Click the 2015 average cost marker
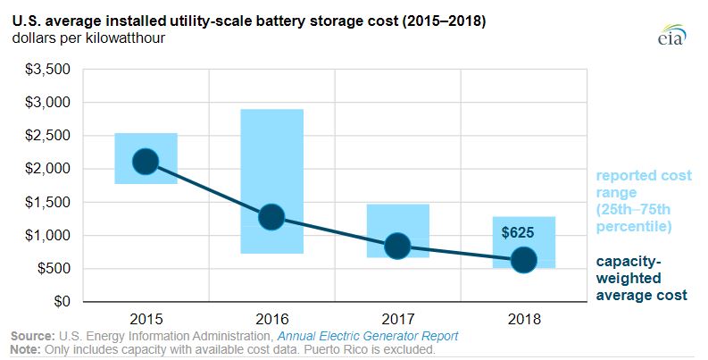pyautogui.click(x=146, y=162)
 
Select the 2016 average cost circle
pyautogui.click(x=271, y=217)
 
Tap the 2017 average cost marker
pyautogui.click(x=397, y=247)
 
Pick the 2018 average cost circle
pyautogui.click(x=523, y=260)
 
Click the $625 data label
pyautogui.click(x=518, y=232)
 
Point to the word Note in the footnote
pyautogui.click(x=25, y=349)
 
